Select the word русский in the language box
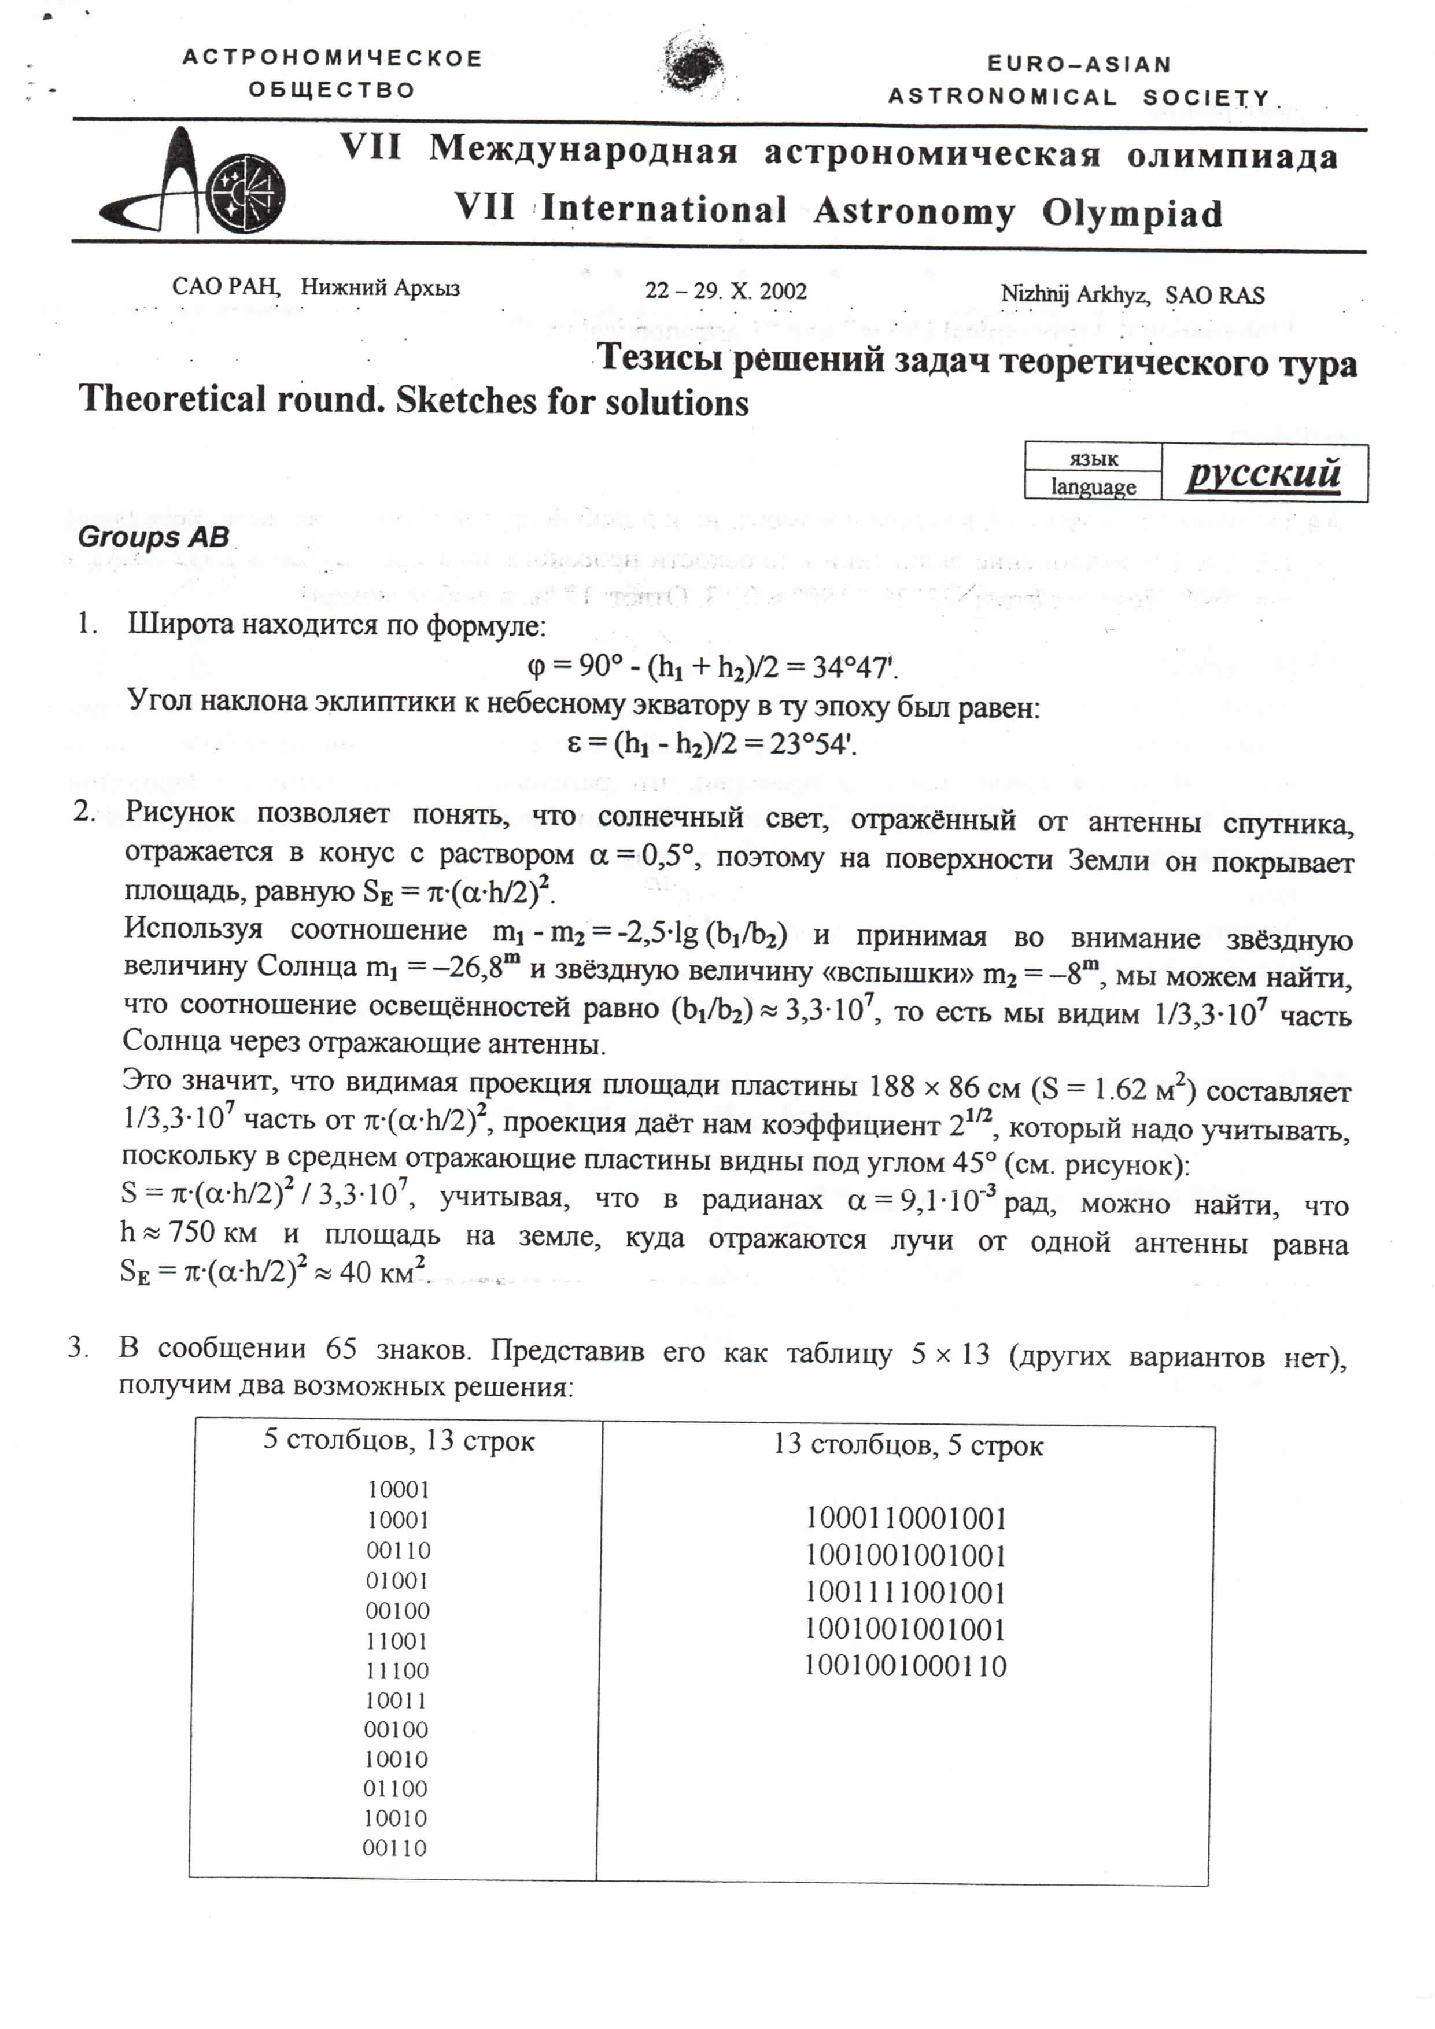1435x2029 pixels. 1264,474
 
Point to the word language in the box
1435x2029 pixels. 1093,487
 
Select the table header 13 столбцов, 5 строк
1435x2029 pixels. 908,1446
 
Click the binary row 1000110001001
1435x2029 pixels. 906,1518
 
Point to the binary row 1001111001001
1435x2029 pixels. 906,1592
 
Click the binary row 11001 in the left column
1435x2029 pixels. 397,1641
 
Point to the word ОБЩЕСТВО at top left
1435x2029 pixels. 331,90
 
